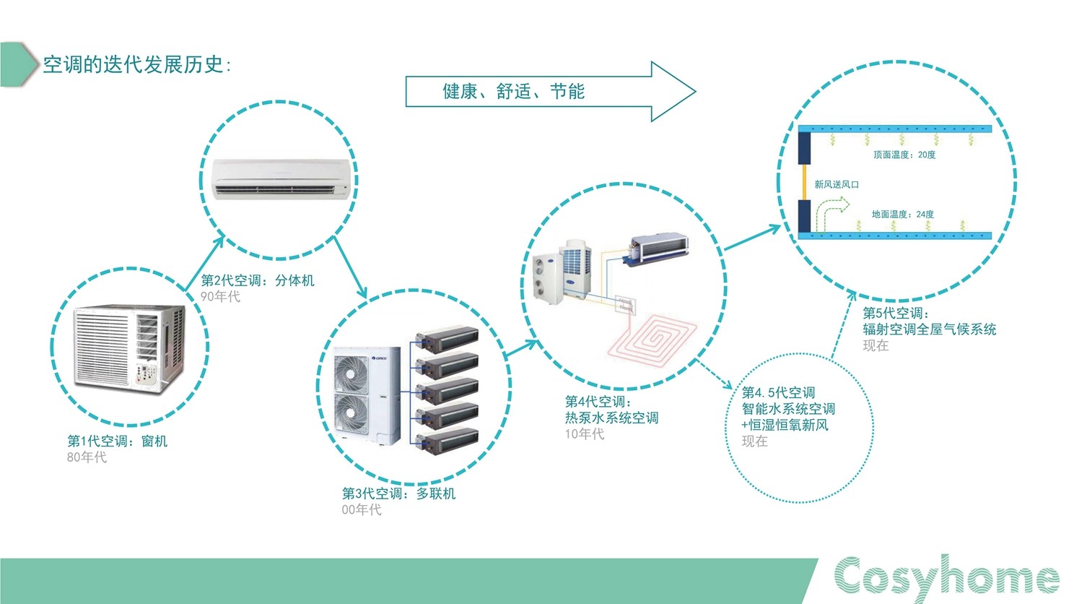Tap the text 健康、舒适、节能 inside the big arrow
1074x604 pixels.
click(513, 91)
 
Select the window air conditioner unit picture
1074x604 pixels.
click(129, 348)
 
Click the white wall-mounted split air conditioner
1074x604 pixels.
click(281, 178)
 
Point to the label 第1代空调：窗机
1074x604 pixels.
click(118, 441)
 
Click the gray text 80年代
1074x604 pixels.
click(87, 457)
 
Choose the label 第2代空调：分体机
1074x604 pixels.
click(258, 280)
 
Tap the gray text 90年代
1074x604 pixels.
click(220, 297)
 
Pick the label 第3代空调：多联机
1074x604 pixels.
click(398, 493)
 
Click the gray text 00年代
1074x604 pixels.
click(362, 509)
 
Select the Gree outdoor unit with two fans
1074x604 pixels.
click(367, 396)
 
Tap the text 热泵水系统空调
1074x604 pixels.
click(611, 418)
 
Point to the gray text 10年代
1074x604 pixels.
click(585, 434)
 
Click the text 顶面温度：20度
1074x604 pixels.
click(904, 155)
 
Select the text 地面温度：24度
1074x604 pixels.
click(903, 214)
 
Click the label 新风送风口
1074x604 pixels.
click(837, 184)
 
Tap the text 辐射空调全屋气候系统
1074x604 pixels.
click(929, 329)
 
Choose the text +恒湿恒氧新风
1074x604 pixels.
click(785, 425)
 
